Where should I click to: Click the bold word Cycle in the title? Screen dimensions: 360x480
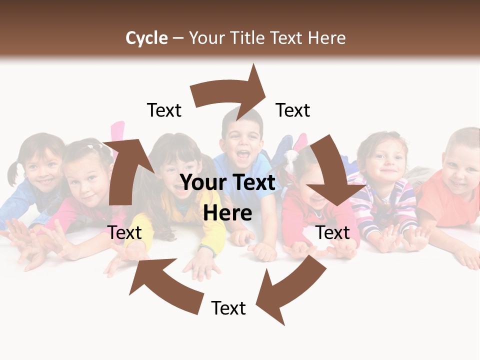tap(146, 38)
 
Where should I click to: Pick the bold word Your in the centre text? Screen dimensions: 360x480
tap(201, 183)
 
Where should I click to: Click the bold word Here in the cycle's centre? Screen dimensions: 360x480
tap(227, 212)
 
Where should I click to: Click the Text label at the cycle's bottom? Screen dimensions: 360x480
tap(228, 308)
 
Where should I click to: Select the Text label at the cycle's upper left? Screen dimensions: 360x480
tap(164, 110)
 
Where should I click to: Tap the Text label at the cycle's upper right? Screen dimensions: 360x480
tap(293, 110)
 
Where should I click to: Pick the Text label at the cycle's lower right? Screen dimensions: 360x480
tap(333, 232)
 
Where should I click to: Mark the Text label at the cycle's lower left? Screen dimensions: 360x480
tap(124, 232)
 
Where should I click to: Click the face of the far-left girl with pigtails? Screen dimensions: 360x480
tap(40, 167)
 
